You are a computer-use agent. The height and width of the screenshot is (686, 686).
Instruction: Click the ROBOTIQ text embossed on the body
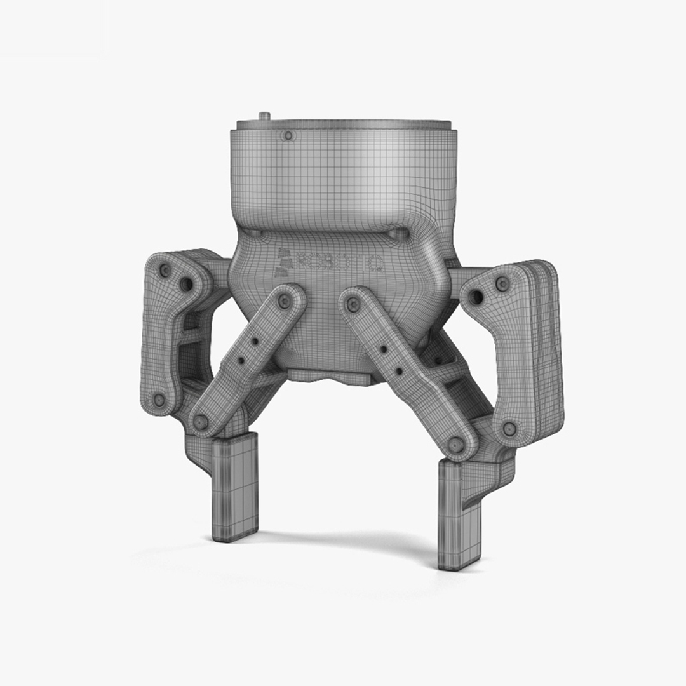[340, 261]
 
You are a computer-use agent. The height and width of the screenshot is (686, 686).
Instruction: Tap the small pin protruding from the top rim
[264, 116]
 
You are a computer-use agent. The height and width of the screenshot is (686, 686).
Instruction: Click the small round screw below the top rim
[288, 136]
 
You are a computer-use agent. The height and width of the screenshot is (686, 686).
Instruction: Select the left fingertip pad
[234, 486]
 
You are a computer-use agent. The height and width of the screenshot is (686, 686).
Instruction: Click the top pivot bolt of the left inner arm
[284, 300]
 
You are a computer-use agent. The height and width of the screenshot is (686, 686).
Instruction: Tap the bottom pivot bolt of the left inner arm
[201, 420]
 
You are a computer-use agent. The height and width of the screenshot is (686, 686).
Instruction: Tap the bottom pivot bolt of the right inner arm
[456, 443]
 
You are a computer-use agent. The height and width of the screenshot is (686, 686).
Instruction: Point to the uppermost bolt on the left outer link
[165, 271]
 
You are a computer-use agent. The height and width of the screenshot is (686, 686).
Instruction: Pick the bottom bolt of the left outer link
[159, 400]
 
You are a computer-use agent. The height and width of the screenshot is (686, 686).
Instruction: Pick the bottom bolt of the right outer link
[509, 429]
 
